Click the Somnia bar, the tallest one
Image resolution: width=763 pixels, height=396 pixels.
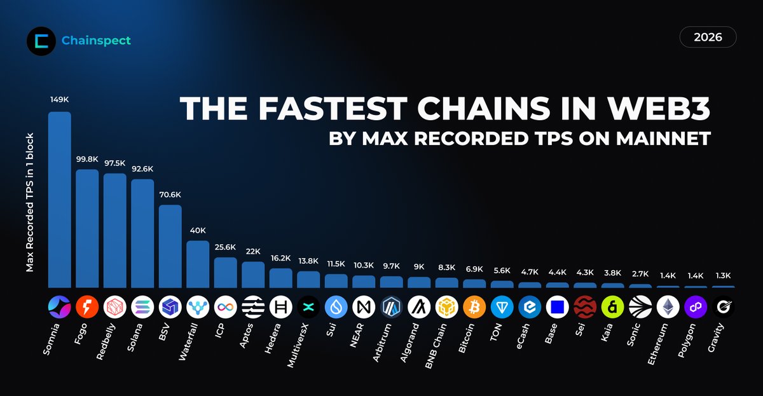(60, 200)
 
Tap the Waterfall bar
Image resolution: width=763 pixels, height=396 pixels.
(198, 264)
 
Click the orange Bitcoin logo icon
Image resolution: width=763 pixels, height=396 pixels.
(474, 308)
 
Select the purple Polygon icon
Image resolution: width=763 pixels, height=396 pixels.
(696, 308)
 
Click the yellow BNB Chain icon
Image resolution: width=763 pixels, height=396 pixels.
(447, 308)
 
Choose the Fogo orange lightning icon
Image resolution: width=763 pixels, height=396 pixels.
(87, 308)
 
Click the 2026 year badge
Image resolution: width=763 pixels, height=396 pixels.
(708, 38)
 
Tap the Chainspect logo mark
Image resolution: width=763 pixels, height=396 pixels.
(41, 41)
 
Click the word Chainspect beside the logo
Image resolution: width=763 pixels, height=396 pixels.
(96, 41)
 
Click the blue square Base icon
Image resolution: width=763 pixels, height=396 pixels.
(558, 308)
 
